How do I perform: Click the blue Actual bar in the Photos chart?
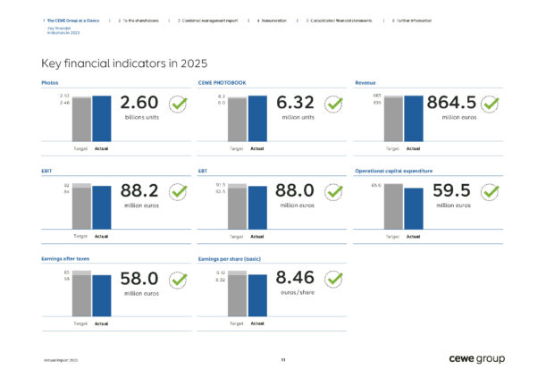(x=102, y=118)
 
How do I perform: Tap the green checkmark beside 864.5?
(x=492, y=105)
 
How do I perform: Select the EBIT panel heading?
(x=46, y=170)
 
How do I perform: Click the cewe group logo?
(x=477, y=358)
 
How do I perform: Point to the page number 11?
(x=282, y=359)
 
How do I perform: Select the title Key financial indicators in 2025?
(x=124, y=63)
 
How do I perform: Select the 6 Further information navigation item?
(x=412, y=18)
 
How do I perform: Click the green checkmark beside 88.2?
(x=178, y=192)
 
